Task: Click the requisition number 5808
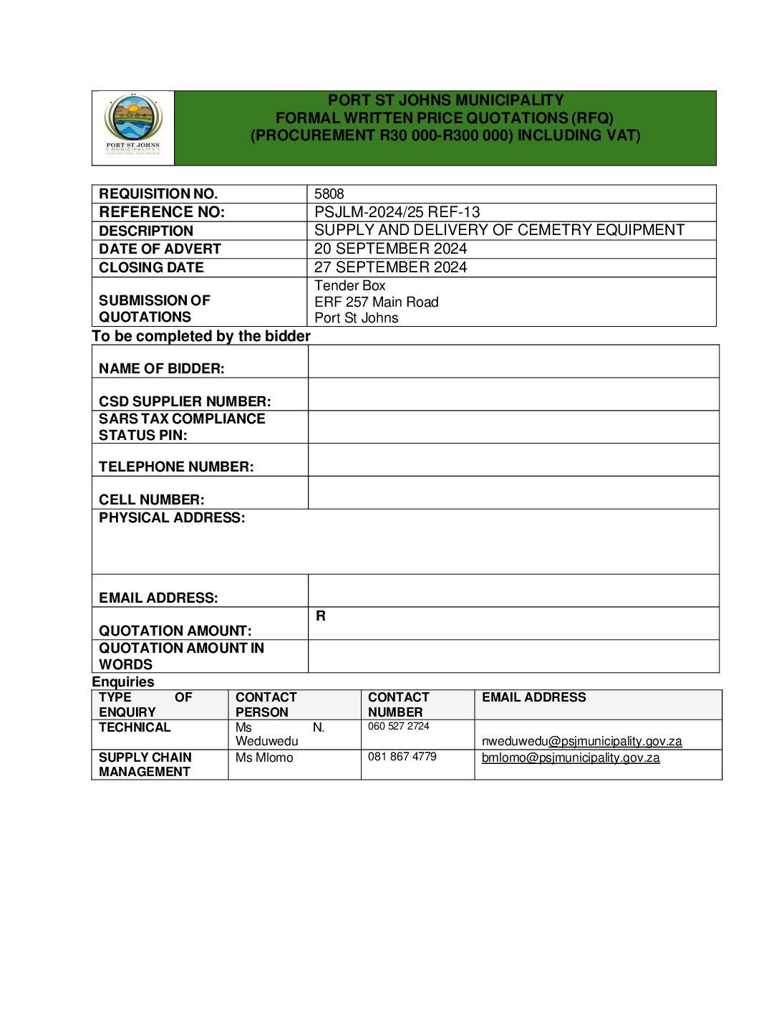pos(329,194)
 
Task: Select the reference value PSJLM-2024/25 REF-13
pos(397,212)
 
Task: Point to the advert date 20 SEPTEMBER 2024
pos(390,249)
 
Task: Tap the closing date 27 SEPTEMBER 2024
pos(390,267)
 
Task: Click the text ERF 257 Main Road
pos(376,302)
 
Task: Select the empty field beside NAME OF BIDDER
pos(513,362)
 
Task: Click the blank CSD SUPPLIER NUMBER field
pos(513,394)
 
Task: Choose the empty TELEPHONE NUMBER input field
pos(513,460)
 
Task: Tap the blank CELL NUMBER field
pos(513,493)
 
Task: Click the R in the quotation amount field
pos(321,616)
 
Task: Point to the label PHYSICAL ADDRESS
pos(172,518)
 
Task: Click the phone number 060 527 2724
pos(398,727)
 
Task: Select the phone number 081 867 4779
pos(402,757)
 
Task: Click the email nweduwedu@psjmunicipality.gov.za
pos(581,742)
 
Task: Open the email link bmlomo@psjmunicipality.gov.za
pos(571,758)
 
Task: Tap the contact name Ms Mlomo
pos(264,758)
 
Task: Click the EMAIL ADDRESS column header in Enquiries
pos(533,698)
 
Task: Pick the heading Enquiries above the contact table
pos(123,682)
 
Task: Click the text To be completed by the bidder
pos(201,337)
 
